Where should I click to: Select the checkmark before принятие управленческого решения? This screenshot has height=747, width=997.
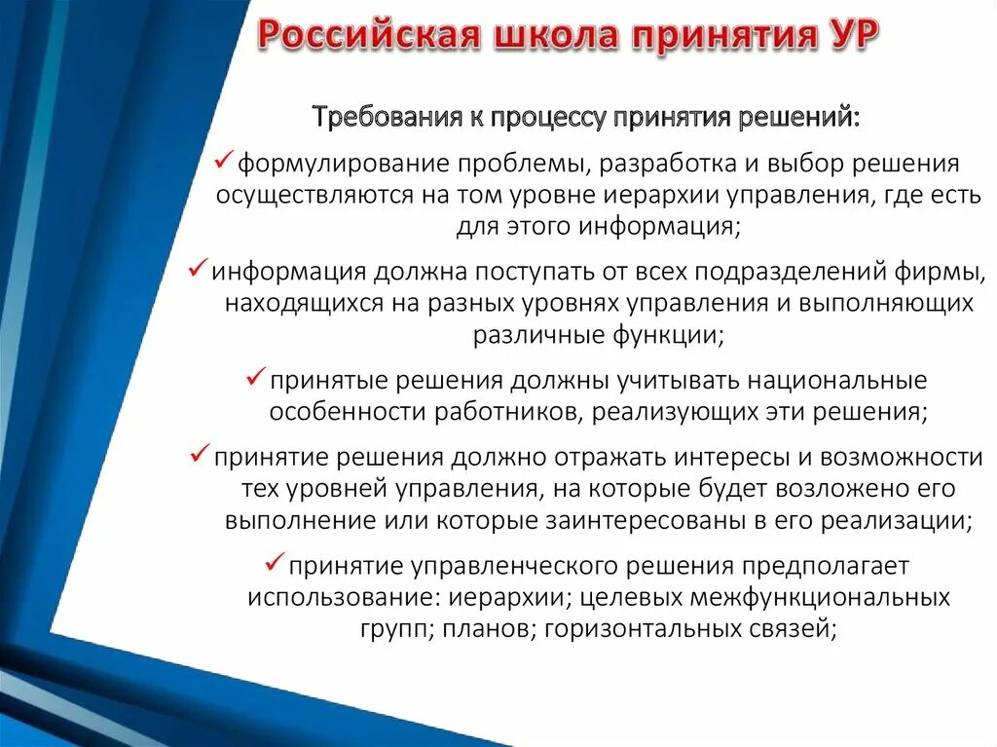pos(276,562)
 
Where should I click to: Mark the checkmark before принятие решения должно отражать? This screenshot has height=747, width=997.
pos(200,453)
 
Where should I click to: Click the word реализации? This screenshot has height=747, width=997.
pos(894,519)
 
